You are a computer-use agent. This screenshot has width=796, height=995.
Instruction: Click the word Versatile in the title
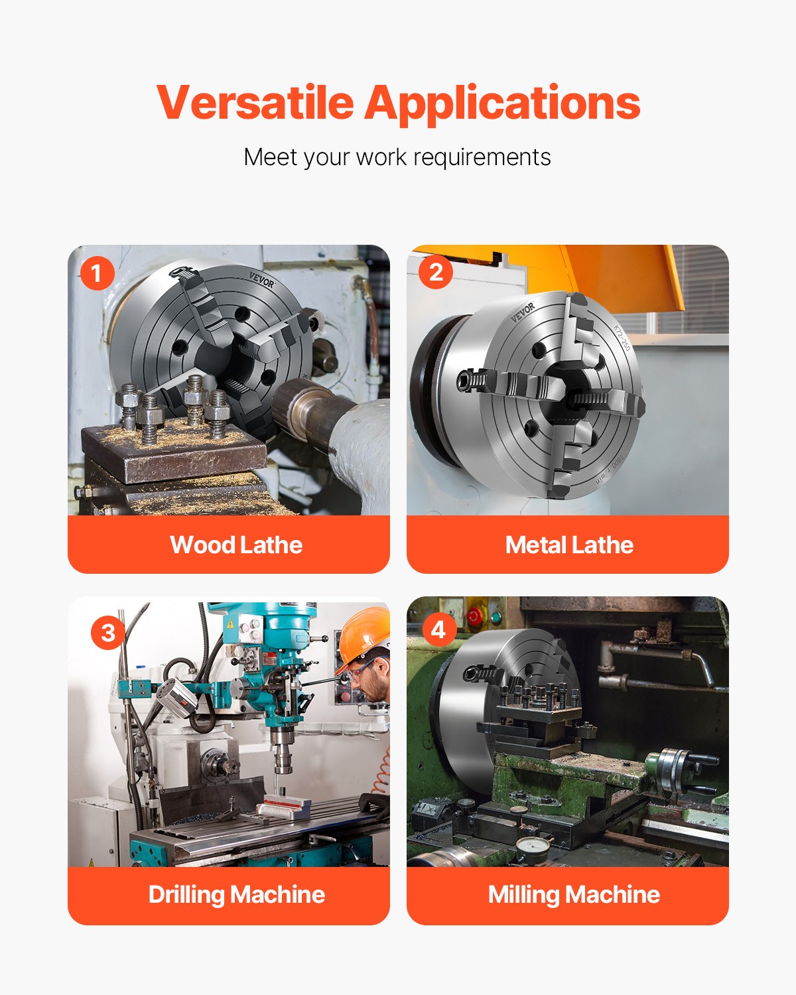pos(255,103)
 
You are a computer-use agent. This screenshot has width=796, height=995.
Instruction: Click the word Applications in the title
pos(502,103)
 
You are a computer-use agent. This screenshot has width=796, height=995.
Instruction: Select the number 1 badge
pos(97,273)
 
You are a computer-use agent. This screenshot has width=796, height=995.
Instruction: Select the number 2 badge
pos(436,272)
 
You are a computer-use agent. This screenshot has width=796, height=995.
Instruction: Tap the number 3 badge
pos(107,632)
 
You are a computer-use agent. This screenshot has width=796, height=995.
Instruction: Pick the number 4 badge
pos(438,630)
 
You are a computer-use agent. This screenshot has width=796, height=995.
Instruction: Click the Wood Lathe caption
pos(236,545)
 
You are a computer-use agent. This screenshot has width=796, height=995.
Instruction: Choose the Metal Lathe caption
pos(568,545)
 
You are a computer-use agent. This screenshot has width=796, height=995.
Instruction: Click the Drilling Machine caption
pos(236,894)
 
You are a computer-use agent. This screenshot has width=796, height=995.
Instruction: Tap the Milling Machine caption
pos(574,894)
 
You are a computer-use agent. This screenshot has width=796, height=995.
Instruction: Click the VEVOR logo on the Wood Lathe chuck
pos(261,280)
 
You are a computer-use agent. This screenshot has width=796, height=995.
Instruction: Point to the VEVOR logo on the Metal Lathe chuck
pos(523,312)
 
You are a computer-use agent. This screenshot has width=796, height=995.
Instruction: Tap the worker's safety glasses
pos(360,671)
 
